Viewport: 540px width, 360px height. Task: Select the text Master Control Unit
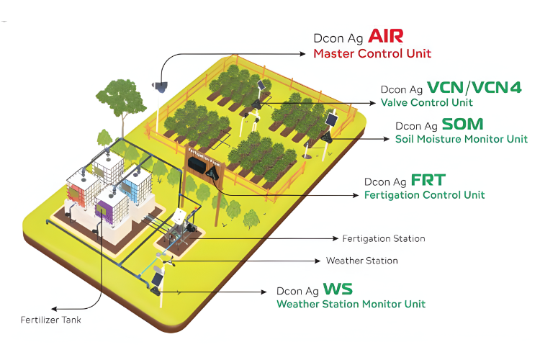click(372, 53)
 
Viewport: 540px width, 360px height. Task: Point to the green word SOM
click(463, 124)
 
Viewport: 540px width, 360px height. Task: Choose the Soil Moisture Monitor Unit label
click(462, 139)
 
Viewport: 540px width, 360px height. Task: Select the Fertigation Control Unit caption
click(424, 195)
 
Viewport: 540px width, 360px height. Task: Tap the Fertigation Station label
click(384, 238)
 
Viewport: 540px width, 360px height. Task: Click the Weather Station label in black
click(361, 261)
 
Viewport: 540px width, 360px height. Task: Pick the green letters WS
click(338, 289)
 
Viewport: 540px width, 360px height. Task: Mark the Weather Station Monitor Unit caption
click(351, 305)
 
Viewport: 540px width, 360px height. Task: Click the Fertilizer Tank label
click(50, 320)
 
